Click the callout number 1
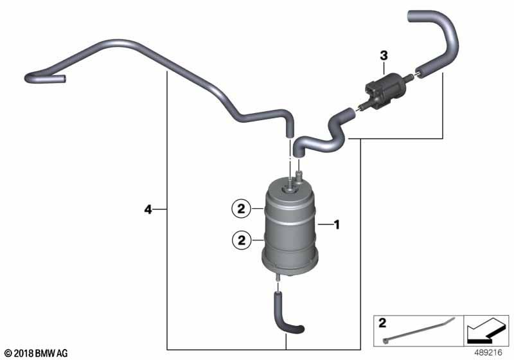[x=337, y=224]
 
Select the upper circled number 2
[x=241, y=208]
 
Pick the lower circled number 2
[x=242, y=240]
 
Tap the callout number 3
[x=384, y=56]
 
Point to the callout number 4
[x=148, y=209]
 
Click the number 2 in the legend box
[x=382, y=323]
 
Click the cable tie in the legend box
[x=419, y=330]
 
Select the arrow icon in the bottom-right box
[x=486, y=330]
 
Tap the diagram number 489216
[x=488, y=353]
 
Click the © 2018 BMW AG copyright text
[x=37, y=354]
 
